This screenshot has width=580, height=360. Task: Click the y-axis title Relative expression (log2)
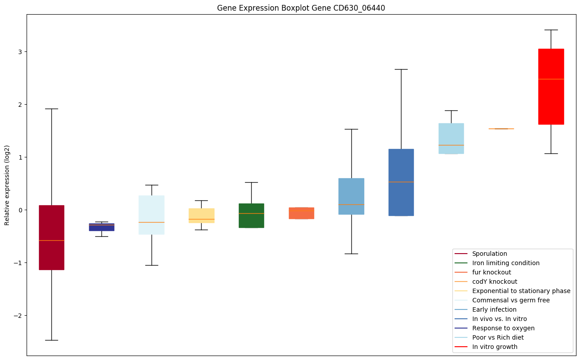click(x=7, y=185)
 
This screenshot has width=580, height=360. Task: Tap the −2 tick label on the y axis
click(x=19, y=316)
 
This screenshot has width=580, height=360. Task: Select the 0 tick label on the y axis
click(x=21, y=210)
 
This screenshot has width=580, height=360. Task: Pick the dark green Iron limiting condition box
click(x=251, y=215)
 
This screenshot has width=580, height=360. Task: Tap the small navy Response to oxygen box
click(x=101, y=227)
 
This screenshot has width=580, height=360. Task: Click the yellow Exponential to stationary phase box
click(x=202, y=215)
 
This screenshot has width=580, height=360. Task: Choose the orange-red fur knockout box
click(x=301, y=213)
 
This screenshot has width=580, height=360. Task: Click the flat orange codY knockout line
click(x=501, y=129)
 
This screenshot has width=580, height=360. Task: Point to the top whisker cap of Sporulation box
click(x=51, y=109)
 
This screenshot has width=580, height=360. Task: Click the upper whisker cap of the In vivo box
click(x=401, y=69)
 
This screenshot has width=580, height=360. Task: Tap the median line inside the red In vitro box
click(x=551, y=79)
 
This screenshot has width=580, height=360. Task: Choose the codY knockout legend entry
click(x=494, y=282)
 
